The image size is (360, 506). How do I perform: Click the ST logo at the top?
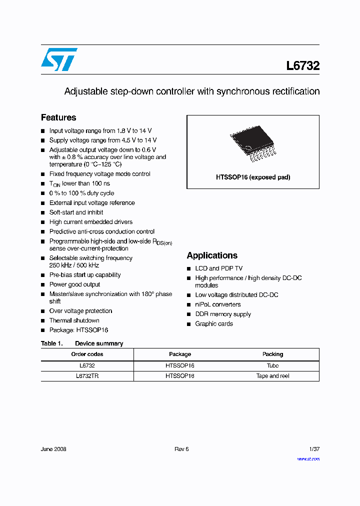coord(59,59)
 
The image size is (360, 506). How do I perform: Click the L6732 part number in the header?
coord(302,65)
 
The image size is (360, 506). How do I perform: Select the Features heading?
coord(58,117)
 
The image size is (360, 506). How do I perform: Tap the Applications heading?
coord(212,255)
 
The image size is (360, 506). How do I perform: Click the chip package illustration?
coord(252,144)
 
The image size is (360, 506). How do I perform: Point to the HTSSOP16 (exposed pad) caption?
coord(253,177)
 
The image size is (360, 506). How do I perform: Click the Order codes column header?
coord(87,354)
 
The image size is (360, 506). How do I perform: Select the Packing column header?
coord(272,354)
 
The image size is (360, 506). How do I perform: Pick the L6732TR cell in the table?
coord(87,376)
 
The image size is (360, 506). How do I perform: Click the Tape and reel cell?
coord(272,376)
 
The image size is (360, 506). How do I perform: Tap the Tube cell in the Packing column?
coord(272,365)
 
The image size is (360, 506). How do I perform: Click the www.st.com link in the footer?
coord(308,459)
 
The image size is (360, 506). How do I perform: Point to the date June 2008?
coord(53,449)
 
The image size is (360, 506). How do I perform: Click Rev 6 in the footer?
coord(181,449)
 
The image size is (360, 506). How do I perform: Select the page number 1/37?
coord(314,449)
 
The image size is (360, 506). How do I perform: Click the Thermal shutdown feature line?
coord(74,320)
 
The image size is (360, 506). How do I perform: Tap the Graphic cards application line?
coord(214,324)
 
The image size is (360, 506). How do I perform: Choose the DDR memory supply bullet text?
coord(223,314)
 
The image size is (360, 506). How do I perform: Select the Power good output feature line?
coord(74,284)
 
